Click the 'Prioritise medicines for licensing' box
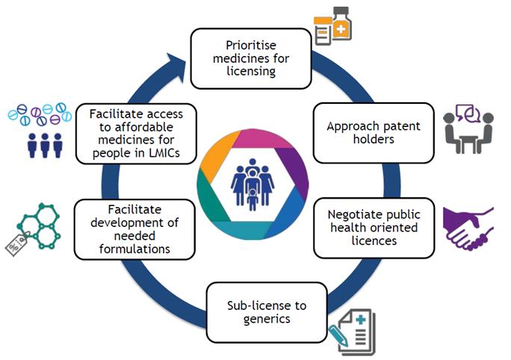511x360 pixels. pos(250,58)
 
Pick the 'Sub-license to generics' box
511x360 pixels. pos(267,311)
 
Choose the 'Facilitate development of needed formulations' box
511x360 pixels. pos(134,228)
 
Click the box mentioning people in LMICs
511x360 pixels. pos(134,133)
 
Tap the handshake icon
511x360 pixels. pos(468,229)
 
